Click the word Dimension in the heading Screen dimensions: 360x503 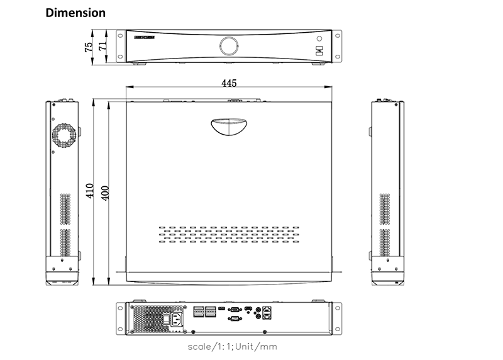tap(75, 13)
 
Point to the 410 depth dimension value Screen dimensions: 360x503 tap(91, 191)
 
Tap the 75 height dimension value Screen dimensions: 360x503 tap(89, 45)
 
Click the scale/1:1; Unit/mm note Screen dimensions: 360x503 tap(232, 347)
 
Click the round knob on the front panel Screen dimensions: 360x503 tap(229, 45)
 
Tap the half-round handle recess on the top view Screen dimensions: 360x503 tap(228, 126)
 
